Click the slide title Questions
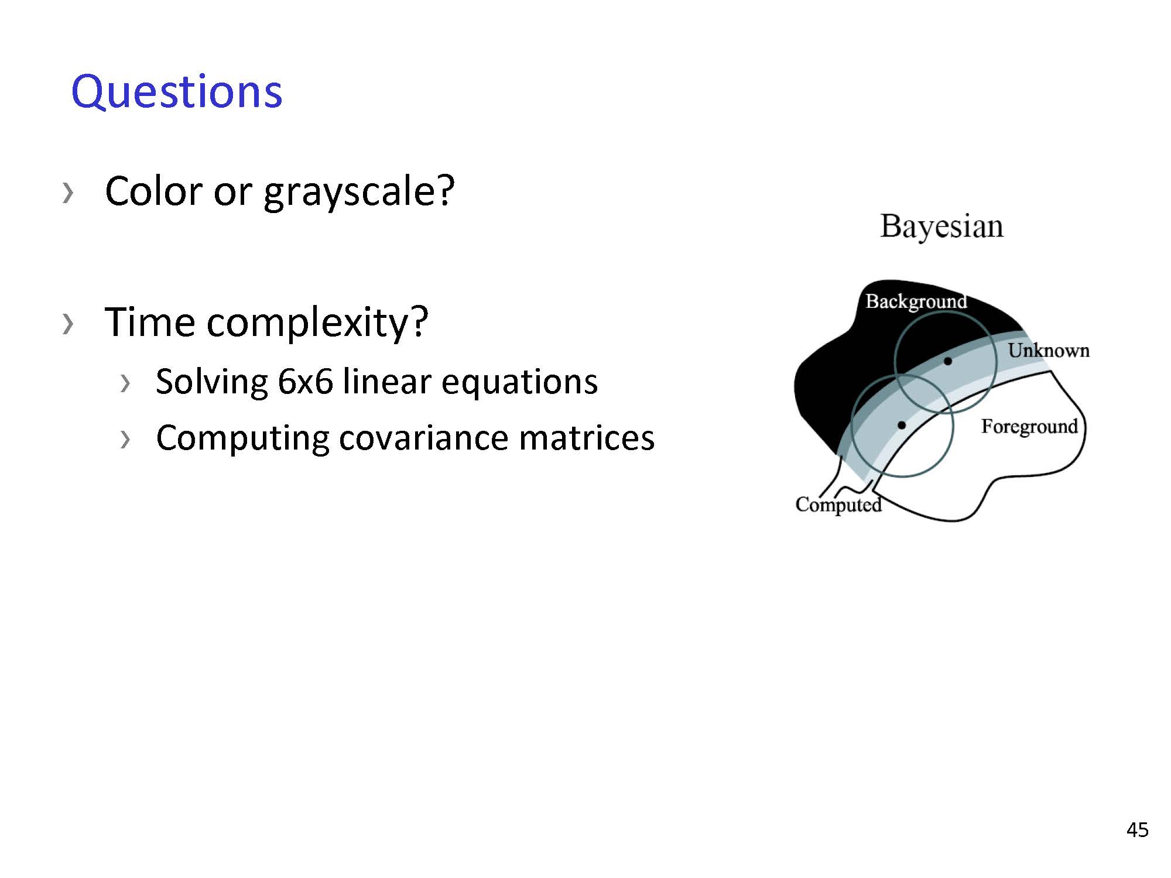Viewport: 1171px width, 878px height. pyautogui.click(x=177, y=92)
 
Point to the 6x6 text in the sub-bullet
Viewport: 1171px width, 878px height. pyautogui.click(x=305, y=382)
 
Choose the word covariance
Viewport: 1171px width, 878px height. pyautogui.click(x=423, y=438)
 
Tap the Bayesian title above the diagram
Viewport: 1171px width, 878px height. pyautogui.click(x=941, y=227)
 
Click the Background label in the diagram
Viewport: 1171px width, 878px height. pyautogui.click(x=916, y=301)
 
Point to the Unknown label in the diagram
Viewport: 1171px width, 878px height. pyautogui.click(x=1049, y=350)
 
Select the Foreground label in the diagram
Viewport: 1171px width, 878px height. pyautogui.click(x=1029, y=427)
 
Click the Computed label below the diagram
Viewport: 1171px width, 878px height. pyautogui.click(x=838, y=505)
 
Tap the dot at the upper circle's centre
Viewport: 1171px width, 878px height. pyautogui.click(x=948, y=361)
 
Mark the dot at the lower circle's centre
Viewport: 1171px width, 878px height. pyautogui.click(x=902, y=425)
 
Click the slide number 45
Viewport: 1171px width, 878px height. pyautogui.click(x=1137, y=830)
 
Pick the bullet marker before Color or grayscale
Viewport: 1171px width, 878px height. pyautogui.click(x=68, y=193)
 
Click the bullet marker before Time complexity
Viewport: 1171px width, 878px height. pyautogui.click(x=68, y=324)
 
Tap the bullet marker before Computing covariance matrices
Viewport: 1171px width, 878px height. pyautogui.click(x=125, y=439)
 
